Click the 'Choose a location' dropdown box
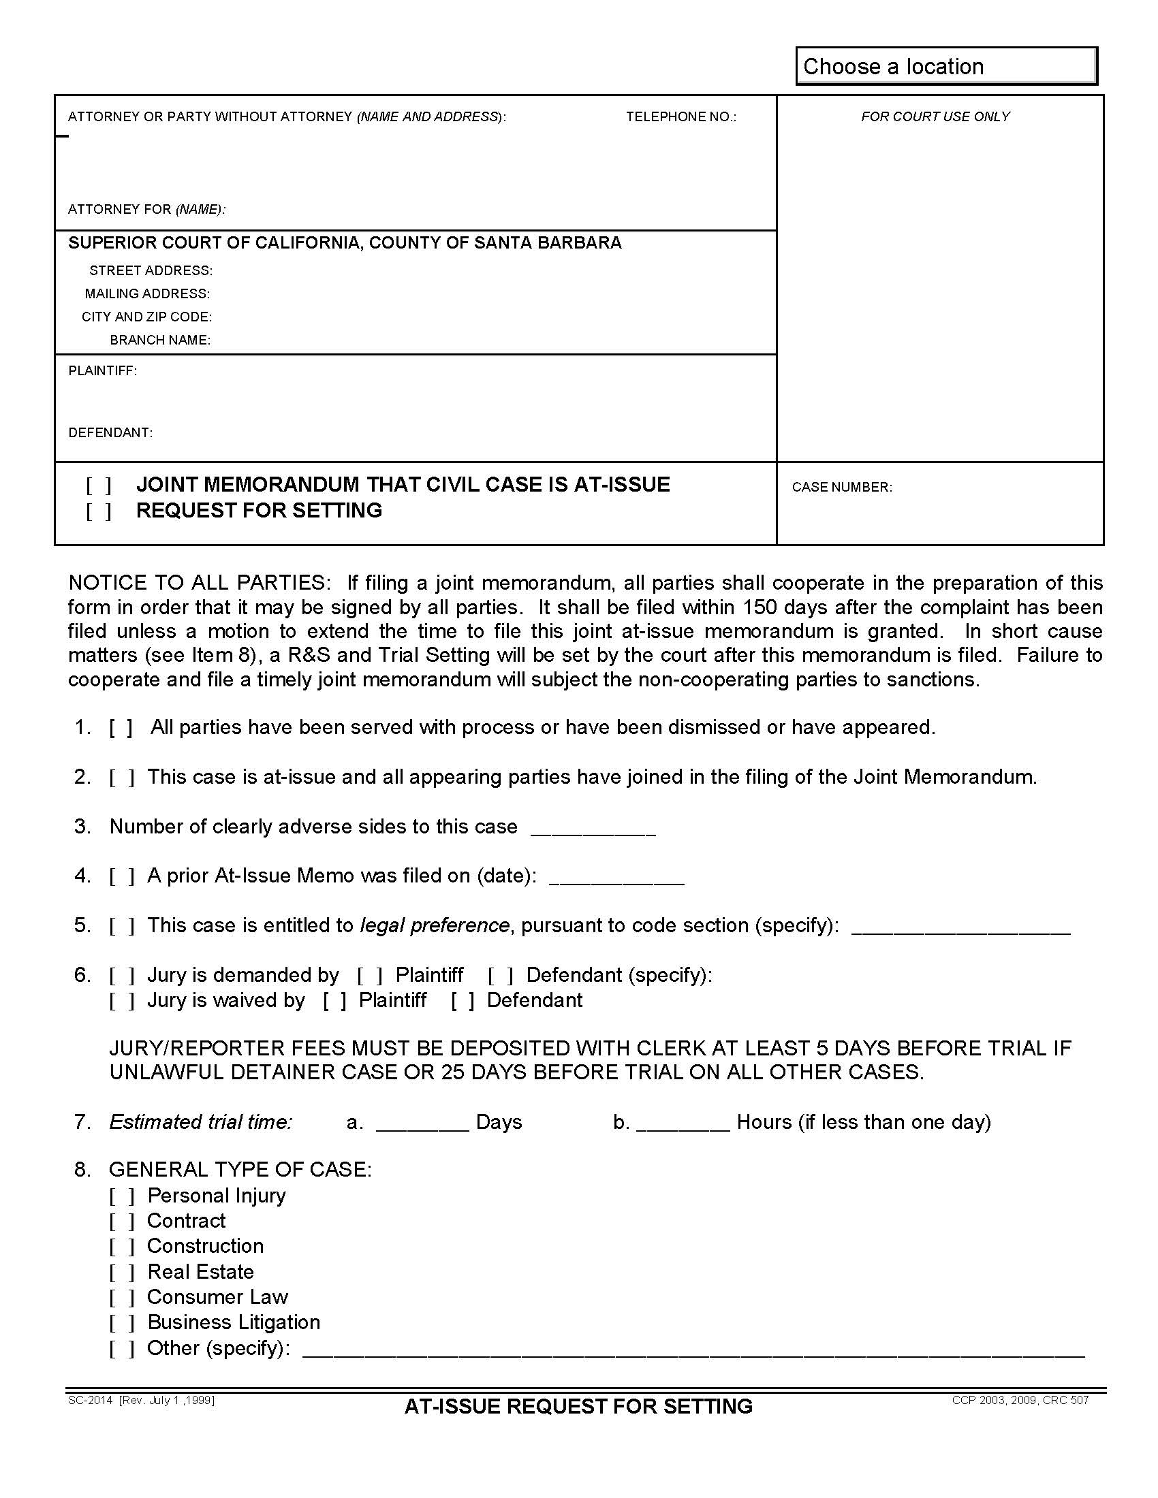[945, 67]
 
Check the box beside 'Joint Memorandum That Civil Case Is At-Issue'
[98, 485]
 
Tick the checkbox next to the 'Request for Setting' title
[98, 511]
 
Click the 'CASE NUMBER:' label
[842, 487]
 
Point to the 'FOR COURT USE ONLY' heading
[935, 116]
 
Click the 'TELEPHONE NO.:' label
[680, 116]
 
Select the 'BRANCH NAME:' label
[160, 340]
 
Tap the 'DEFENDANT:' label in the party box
[110, 433]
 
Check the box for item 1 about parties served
[121, 728]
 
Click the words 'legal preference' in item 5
[435, 925]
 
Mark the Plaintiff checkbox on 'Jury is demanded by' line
[369, 975]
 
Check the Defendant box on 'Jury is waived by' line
[463, 1001]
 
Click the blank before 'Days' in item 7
[422, 1123]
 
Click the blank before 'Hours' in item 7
[683, 1123]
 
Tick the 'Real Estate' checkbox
[121, 1273]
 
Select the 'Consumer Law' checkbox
[121, 1298]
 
